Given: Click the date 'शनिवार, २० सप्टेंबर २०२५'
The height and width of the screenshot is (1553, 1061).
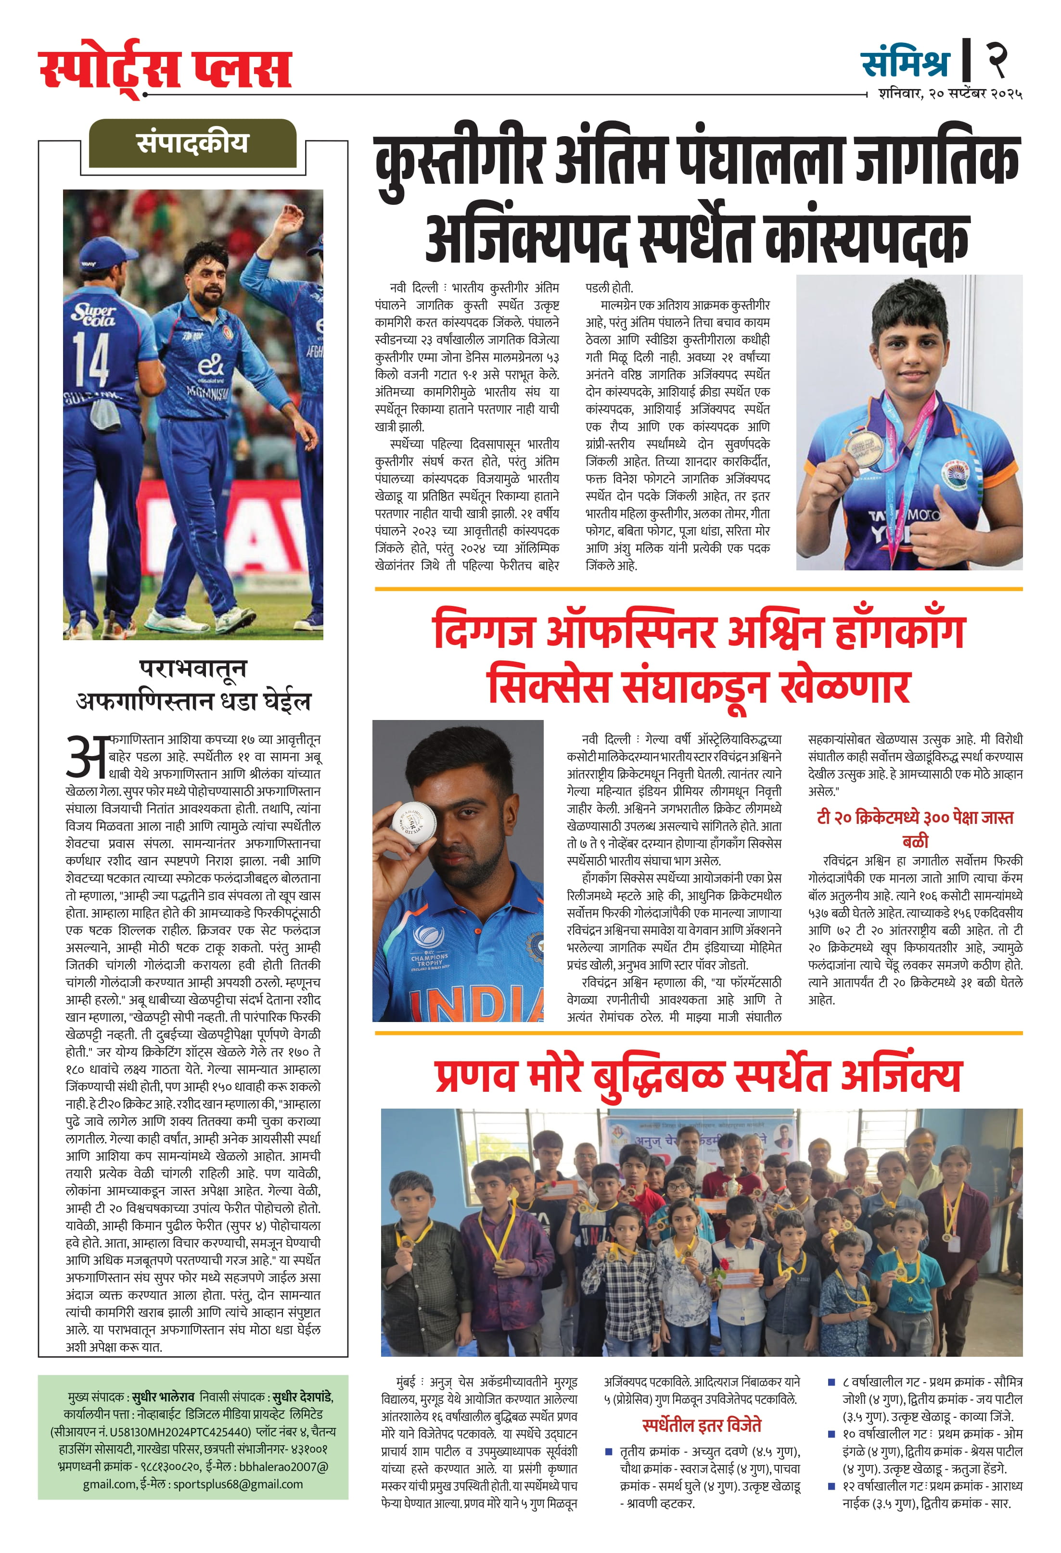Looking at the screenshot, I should [950, 94].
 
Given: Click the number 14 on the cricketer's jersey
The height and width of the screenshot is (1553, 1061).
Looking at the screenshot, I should [91, 360].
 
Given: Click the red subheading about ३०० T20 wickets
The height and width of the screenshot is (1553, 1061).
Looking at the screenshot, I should [915, 828].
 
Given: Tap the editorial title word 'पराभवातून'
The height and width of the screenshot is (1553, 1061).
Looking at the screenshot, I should [192, 668].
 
